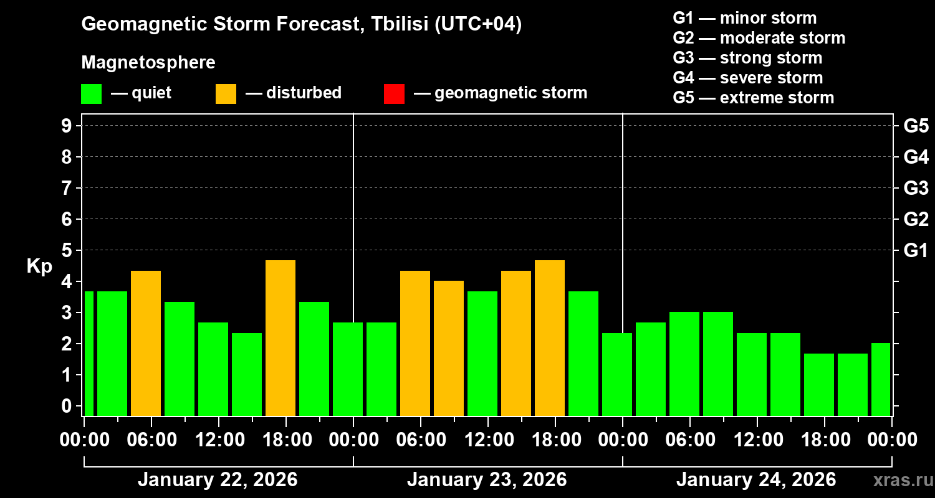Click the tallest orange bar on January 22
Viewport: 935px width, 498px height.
[280, 338]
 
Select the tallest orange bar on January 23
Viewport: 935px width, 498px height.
[550, 338]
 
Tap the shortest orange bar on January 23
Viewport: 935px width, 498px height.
[449, 348]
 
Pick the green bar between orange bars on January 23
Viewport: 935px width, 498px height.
[482, 354]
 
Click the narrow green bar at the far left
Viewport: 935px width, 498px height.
[89, 354]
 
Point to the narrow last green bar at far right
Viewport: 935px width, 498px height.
[880, 379]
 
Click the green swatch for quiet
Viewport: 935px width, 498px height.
[92, 94]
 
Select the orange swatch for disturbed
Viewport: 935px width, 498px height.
[226, 94]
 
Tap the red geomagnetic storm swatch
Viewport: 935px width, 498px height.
[395, 94]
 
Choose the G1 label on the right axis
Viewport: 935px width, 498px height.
[916, 251]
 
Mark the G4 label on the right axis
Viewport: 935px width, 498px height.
[916, 157]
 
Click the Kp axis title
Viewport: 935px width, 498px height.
[39, 266]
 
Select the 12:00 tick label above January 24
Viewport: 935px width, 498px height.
[756, 440]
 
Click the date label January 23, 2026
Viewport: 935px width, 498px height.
[487, 480]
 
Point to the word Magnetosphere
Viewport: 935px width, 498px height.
[148, 63]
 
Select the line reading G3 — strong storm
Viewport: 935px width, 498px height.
[747, 58]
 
